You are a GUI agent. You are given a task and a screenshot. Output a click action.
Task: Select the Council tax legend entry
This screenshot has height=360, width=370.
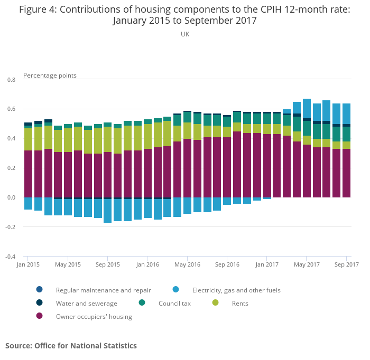point(174,304)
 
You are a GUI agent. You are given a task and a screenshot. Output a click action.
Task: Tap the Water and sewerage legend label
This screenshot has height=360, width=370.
point(86,304)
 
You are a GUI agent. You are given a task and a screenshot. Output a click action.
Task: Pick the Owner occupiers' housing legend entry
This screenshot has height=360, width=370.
point(94,317)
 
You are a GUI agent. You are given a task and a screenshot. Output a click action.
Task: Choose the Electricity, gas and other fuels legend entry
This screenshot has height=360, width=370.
point(236,290)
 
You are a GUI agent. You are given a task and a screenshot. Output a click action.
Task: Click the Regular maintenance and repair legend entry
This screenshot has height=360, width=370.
point(103,290)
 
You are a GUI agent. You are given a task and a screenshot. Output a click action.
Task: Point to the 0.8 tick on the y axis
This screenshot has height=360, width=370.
point(11,80)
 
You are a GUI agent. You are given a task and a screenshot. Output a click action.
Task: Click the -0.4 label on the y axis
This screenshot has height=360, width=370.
point(10,257)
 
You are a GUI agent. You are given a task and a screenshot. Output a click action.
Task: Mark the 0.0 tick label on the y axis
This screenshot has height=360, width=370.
point(11,198)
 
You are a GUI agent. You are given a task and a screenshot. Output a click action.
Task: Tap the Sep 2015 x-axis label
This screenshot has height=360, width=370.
point(108,264)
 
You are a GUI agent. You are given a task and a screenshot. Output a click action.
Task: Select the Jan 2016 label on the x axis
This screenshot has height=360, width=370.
point(147,264)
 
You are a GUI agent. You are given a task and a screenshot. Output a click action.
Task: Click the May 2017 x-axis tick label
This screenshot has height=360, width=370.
point(307,264)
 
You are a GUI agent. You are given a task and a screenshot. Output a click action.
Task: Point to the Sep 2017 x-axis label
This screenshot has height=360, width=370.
point(346,264)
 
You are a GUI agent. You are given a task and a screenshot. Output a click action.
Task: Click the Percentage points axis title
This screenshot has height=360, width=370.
point(50,75)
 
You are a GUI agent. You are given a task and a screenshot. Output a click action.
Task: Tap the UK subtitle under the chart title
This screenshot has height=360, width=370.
point(185,34)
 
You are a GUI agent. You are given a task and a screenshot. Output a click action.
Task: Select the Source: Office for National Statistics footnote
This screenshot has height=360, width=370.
point(71,346)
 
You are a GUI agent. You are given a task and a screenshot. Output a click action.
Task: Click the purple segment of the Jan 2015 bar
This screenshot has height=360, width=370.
point(29,174)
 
